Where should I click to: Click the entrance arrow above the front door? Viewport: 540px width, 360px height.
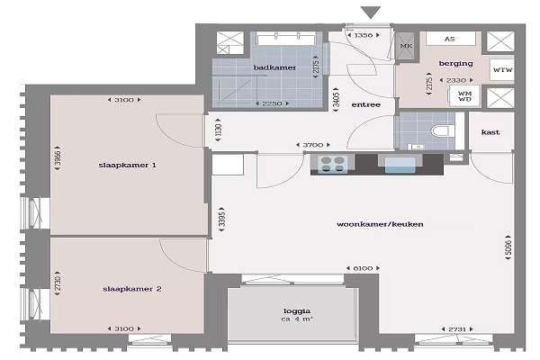tap(371, 13)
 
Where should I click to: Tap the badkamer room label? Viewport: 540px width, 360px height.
tap(274, 67)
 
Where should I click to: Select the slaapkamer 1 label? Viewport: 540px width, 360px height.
tap(128, 165)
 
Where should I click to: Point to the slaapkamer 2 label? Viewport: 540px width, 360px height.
tap(132, 289)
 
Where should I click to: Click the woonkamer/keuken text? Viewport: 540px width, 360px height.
tap(380, 224)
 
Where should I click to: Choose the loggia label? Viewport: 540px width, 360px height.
tap(297, 311)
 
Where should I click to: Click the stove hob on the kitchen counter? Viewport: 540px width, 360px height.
tap(332, 164)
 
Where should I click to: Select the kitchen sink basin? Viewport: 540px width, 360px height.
tap(400, 165)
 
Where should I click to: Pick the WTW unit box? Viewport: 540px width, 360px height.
tap(502, 70)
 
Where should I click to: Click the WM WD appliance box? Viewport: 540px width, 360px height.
tap(464, 96)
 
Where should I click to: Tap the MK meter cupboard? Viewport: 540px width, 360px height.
tap(406, 46)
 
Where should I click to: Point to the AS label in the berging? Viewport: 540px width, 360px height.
tap(449, 39)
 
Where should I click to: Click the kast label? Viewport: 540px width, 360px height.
tap(490, 132)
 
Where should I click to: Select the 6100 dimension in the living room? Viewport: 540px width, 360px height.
tap(363, 268)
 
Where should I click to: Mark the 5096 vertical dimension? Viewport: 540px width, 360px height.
tap(508, 247)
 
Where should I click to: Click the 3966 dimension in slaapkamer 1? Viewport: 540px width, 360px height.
tap(58, 158)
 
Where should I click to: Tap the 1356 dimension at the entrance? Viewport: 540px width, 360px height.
tap(364, 35)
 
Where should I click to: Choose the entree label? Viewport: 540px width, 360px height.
tap(365, 104)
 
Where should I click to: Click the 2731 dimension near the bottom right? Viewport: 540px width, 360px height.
tap(457, 329)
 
